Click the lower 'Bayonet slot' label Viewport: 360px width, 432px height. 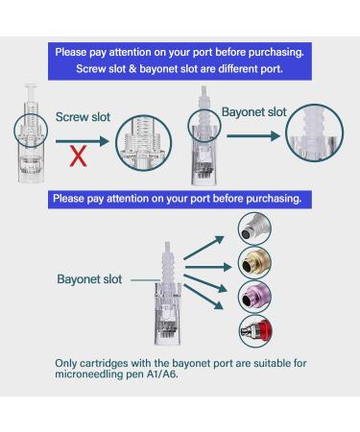(x=88, y=279)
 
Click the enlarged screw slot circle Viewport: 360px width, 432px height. (x=143, y=145)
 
